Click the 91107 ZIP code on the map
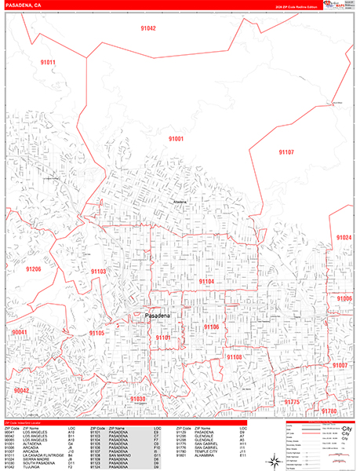coord(287,152)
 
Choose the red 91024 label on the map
coord(343,238)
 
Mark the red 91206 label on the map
coord(33,269)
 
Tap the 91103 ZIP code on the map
coord(98,271)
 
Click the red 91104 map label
coord(206,281)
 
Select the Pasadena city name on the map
coord(163,316)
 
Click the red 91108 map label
coord(235,356)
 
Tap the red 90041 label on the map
coord(20,332)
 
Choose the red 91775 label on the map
coord(292,402)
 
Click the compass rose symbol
coord(271,459)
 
